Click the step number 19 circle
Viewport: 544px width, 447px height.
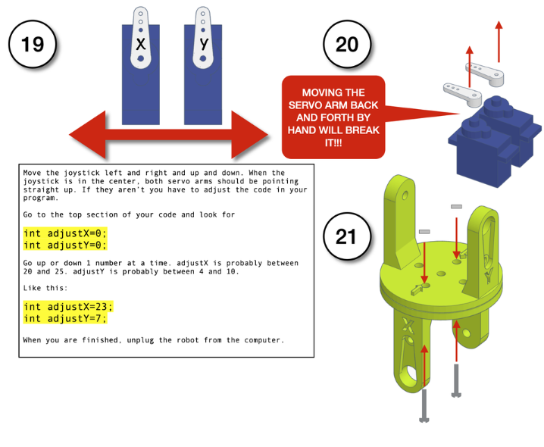33,45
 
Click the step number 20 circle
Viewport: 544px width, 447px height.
346,45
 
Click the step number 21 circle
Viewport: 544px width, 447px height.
346,236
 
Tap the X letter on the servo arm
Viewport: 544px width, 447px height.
140,44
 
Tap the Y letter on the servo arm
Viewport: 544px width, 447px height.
203,43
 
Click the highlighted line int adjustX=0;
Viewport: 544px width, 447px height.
65,233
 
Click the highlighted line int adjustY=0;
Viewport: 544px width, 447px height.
65,245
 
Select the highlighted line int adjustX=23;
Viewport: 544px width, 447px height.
68,307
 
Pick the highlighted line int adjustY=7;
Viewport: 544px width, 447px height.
65,318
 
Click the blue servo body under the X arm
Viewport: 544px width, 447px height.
141,91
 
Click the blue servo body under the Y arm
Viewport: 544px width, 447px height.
203,91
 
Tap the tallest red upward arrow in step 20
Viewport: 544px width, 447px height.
499,42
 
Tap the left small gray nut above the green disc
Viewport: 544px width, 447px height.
424,231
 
